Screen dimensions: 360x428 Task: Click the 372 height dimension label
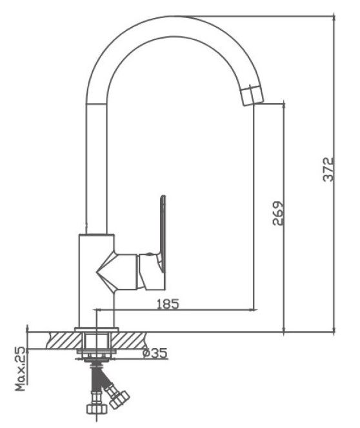(x=328, y=170)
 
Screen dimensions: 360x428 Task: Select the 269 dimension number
(x=278, y=213)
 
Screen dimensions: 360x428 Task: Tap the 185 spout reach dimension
(x=168, y=304)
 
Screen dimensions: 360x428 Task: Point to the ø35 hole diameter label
(x=155, y=353)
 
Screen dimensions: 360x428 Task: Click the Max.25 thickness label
(x=21, y=369)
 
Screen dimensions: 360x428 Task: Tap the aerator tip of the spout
(x=252, y=95)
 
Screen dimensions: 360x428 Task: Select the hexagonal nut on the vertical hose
(x=96, y=409)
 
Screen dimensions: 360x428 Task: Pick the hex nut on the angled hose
(x=119, y=400)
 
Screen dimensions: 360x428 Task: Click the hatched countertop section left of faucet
(x=64, y=340)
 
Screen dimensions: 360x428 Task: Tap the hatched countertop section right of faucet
(x=128, y=340)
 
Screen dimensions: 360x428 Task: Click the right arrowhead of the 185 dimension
(x=255, y=310)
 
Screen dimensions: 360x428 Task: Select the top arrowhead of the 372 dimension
(x=334, y=17)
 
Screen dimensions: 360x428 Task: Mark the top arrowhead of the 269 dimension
(x=284, y=105)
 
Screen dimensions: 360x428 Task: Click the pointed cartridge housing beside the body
(x=117, y=272)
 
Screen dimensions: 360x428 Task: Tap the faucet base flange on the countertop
(x=97, y=329)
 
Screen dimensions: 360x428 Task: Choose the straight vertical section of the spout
(x=96, y=170)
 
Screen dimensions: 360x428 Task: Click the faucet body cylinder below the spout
(x=97, y=280)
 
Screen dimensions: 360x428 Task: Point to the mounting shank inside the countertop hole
(x=97, y=340)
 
